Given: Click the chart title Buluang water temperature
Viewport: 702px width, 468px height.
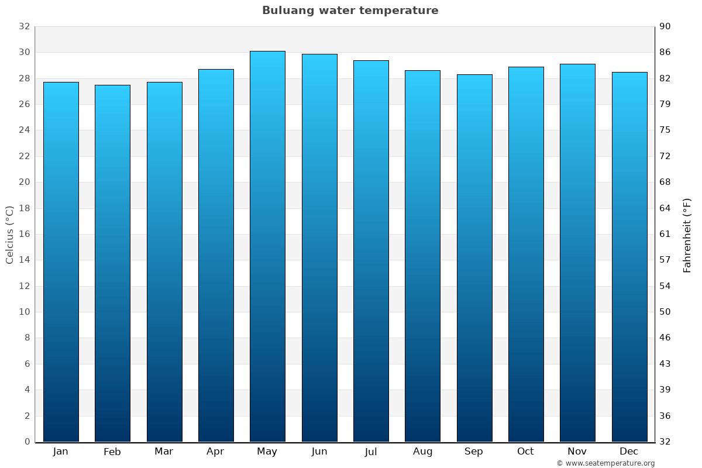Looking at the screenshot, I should [x=350, y=11].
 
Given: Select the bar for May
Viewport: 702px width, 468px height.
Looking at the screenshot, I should [x=267, y=246].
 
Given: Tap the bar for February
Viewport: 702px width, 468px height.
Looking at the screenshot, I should [x=112, y=263].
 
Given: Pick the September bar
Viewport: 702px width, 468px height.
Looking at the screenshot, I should [x=474, y=257].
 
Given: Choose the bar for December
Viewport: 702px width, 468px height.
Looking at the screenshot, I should [x=629, y=257].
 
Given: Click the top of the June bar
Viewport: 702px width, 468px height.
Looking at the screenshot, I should [x=319, y=55].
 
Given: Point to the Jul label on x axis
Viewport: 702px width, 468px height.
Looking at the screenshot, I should [x=371, y=452].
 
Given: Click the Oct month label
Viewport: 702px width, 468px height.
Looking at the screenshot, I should [x=525, y=452].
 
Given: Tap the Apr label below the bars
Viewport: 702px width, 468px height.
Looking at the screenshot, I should [x=215, y=452].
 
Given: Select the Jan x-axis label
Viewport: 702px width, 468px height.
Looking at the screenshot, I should [x=60, y=452].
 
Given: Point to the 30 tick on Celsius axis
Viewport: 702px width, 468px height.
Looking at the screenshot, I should [x=24, y=53].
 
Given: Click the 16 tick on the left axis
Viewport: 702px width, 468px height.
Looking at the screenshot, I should [x=24, y=234].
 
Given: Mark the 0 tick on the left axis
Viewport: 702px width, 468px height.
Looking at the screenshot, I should [x=27, y=442].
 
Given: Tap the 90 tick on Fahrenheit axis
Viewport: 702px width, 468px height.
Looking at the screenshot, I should [x=665, y=26].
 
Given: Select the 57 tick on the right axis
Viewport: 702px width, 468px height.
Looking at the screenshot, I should [x=665, y=260].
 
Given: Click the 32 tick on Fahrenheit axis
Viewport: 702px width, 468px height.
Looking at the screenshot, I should [x=665, y=442].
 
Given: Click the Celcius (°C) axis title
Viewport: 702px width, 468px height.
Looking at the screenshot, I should [x=9, y=234].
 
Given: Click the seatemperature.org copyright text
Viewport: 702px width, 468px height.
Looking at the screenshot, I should [x=605, y=463].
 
